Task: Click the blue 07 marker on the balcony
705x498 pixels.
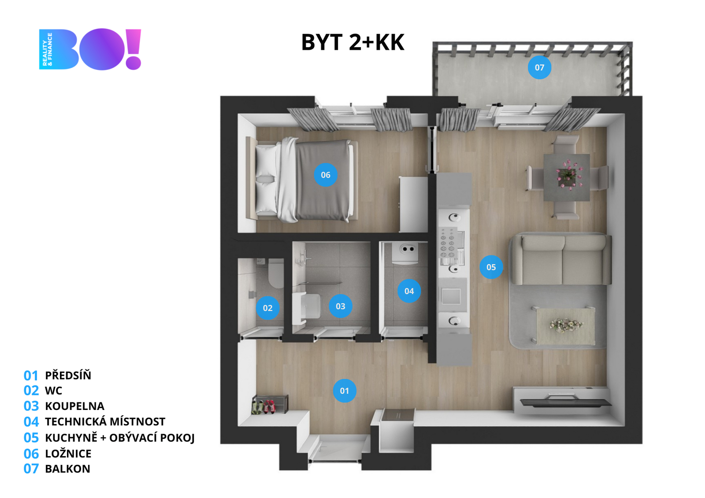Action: pyautogui.click(x=539, y=67)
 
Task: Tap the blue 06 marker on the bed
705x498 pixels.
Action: pyautogui.click(x=326, y=175)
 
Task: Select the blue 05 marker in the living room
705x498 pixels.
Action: pyautogui.click(x=491, y=267)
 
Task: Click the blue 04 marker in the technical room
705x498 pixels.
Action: pyautogui.click(x=409, y=291)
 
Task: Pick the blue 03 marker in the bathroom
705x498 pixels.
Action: pyautogui.click(x=340, y=306)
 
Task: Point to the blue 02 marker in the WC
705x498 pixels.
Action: pyautogui.click(x=267, y=308)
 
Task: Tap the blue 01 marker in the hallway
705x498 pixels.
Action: pyautogui.click(x=344, y=391)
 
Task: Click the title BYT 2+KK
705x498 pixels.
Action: pyautogui.click(x=353, y=42)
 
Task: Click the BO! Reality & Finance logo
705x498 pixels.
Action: pyautogui.click(x=90, y=49)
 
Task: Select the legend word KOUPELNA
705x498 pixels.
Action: pyautogui.click(x=74, y=406)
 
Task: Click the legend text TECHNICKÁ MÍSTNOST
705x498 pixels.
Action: pyautogui.click(x=105, y=421)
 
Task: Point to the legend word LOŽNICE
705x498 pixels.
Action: pyautogui.click(x=68, y=454)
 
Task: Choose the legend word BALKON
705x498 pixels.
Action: pyautogui.click(x=68, y=469)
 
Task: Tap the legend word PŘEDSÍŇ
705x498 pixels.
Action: pyautogui.click(x=68, y=375)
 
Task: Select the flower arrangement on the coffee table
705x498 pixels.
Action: pyautogui.click(x=566, y=325)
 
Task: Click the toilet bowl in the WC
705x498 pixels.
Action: pyautogui.click(x=276, y=273)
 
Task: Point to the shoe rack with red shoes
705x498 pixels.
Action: pyautogui.click(x=270, y=405)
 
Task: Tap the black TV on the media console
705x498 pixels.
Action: pyautogui.click(x=566, y=402)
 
